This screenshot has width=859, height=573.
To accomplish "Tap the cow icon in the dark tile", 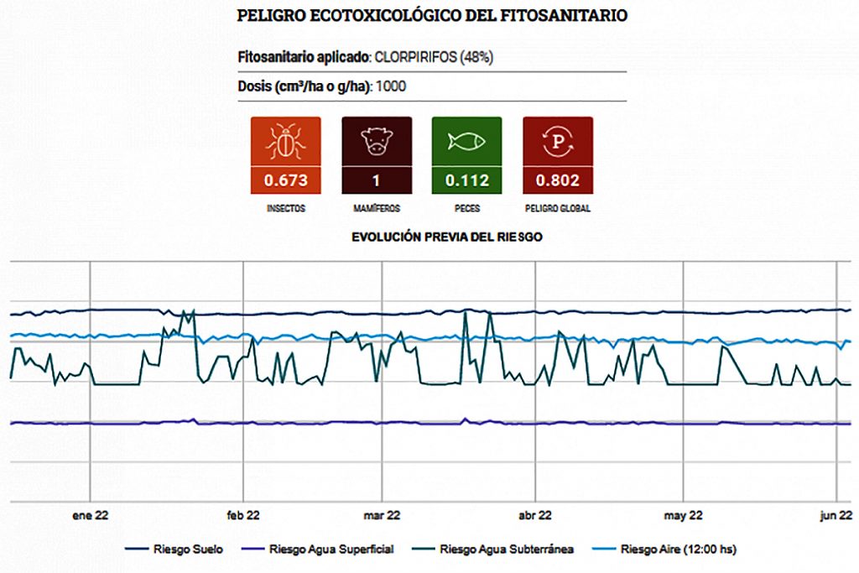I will tap(377, 142).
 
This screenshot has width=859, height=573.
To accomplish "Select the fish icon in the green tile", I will tap(466, 142).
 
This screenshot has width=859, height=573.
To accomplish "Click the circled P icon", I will tap(557, 142).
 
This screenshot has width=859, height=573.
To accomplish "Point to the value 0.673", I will tap(285, 180).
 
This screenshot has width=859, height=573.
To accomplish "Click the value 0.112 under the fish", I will tap(466, 180).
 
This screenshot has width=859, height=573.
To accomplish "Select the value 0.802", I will tap(557, 180).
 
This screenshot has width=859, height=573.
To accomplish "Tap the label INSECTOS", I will tap(285, 208).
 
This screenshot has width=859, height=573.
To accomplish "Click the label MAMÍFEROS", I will tap(377, 208).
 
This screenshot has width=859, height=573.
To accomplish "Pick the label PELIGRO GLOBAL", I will tap(557, 208).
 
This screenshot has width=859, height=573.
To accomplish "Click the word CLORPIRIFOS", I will tap(415, 58).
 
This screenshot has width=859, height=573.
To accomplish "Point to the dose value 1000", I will tap(393, 86).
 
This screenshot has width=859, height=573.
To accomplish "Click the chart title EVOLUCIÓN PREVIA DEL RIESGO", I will tap(446, 237).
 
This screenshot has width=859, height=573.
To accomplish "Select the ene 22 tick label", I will tap(90, 515).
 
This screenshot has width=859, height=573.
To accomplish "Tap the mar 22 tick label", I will tap(382, 515).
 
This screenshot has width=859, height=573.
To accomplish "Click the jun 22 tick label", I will tap(836, 515).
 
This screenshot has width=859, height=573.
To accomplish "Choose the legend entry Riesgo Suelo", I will tap(175, 550).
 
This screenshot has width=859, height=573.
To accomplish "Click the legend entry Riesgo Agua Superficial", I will tap(320, 550).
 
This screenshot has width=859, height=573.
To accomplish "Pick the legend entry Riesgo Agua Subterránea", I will tap(496, 550).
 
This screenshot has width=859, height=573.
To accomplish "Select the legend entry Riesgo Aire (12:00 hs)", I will tap(668, 550).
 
